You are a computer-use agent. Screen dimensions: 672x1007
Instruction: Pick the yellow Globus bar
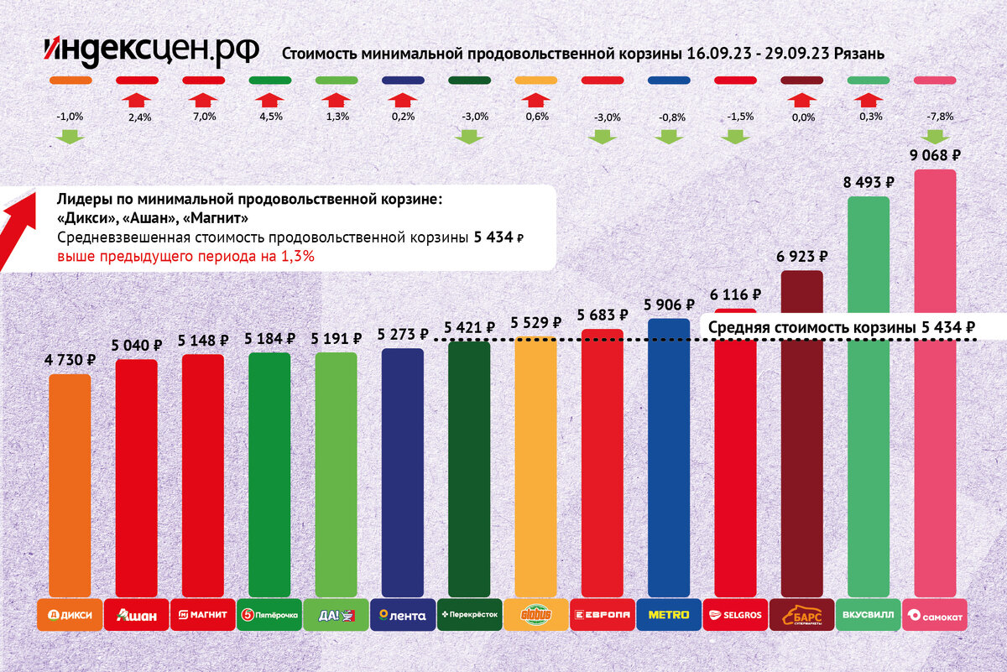[535, 466]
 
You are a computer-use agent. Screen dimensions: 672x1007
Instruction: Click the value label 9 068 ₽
[934, 155]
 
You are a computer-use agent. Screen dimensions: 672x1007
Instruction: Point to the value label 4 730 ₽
[70, 360]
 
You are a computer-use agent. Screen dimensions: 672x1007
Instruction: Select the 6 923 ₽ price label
[801, 257]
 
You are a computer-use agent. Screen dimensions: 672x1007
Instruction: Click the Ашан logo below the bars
[136, 615]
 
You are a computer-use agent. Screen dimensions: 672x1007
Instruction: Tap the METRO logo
[669, 615]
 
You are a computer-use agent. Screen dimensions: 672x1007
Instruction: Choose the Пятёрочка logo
[269, 615]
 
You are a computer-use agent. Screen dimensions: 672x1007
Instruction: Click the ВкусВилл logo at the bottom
[868, 615]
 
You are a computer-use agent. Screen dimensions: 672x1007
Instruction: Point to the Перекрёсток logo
[469, 615]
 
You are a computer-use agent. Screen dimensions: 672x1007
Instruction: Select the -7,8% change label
[934, 117]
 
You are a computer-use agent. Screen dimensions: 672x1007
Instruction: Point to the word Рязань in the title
[857, 54]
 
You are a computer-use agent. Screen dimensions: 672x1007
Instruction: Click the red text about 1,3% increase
[185, 257]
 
